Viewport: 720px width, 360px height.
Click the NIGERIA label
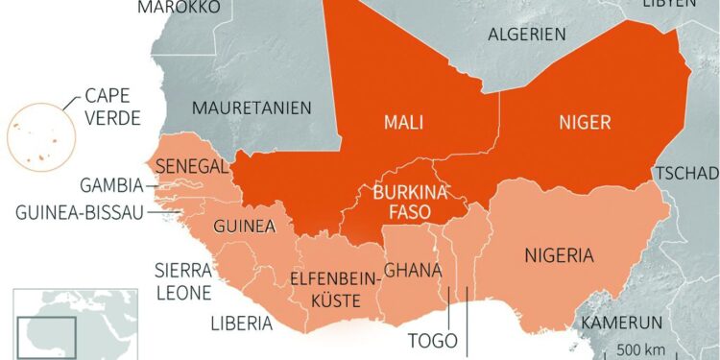559,255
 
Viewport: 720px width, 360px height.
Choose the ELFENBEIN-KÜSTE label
324,290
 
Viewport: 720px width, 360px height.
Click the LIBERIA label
242,324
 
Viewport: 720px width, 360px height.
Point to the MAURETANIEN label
252,108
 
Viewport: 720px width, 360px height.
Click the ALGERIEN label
526,35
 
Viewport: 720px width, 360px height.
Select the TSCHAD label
687,173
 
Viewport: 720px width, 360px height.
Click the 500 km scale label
641,347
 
